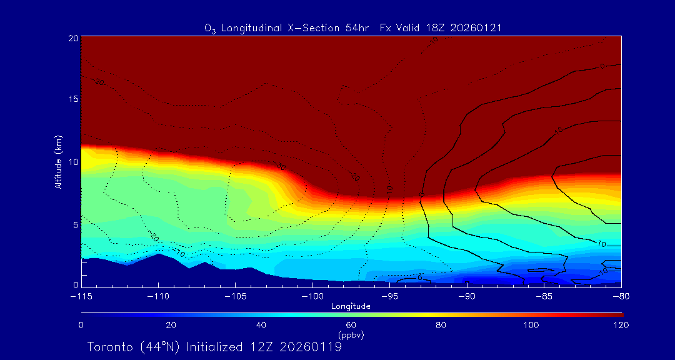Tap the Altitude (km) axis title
pyautogui.click(x=59, y=161)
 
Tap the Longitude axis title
pyautogui.click(x=351, y=306)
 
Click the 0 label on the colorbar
pyautogui.click(x=81, y=325)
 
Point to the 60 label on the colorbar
pyautogui.click(x=351, y=325)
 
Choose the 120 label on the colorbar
pyautogui.click(x=621, y=325)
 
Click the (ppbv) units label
pyautogui.click(x=351, y=335)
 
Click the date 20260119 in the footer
pyautogui.click(x=311, y=347)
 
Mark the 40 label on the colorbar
pyautogui.click(x=261, y=325)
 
